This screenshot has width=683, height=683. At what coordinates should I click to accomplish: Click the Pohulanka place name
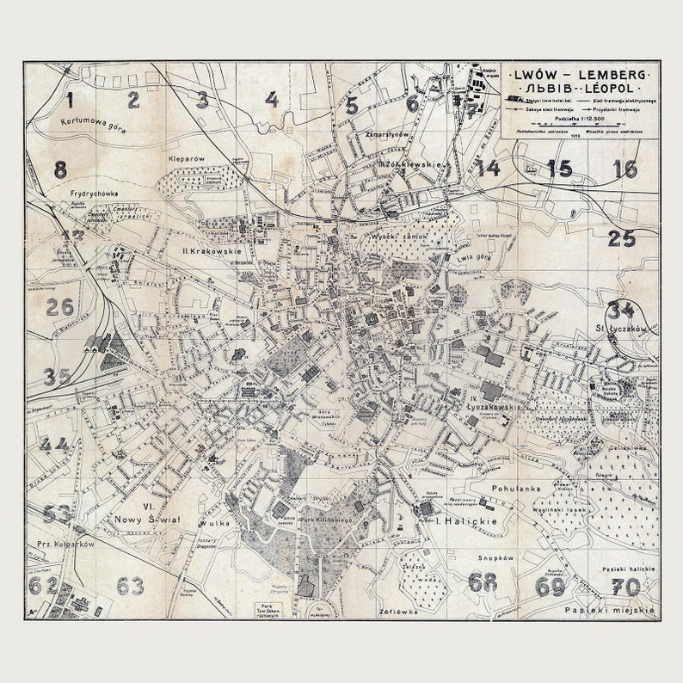tap(516, 488)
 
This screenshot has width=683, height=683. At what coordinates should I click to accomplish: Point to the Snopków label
tap(496, 557)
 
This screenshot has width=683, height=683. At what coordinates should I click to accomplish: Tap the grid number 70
tap(626, 587)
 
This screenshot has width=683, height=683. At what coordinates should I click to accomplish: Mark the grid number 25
tap(621, 238)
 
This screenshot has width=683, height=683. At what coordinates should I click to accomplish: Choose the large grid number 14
tap(489, 168)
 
